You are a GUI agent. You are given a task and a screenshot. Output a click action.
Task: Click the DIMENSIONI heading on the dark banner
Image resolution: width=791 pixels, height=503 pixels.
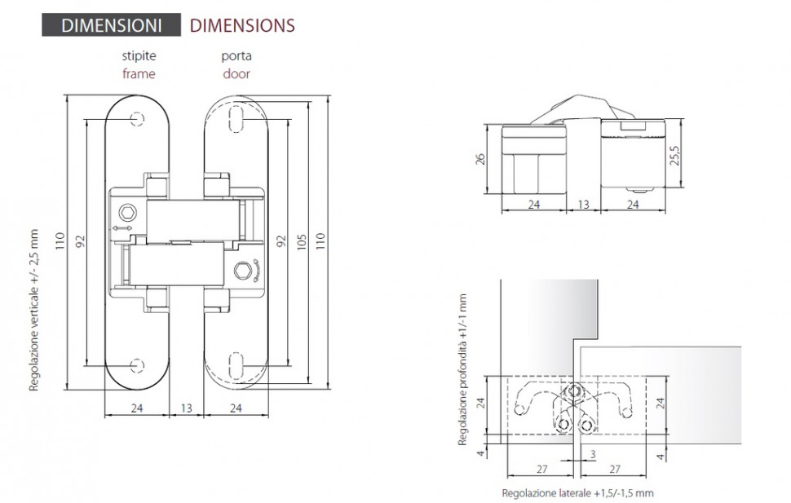(111, 25)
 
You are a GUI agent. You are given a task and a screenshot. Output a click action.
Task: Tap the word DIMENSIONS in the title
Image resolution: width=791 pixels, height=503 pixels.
(242, 25)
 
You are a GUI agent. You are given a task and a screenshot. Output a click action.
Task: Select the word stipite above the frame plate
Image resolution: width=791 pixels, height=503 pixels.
(139, 55)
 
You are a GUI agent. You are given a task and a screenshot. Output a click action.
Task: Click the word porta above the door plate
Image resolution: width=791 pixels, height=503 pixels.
(236, 56)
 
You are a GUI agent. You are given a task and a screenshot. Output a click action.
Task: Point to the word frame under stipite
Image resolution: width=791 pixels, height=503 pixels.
(139, 73)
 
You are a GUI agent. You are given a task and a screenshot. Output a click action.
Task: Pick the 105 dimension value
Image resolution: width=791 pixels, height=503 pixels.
(302, 243)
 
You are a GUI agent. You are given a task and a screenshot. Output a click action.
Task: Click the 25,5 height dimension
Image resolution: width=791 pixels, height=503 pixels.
(675, 156)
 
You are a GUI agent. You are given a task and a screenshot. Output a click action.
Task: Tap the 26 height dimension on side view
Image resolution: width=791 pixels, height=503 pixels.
(480, 159)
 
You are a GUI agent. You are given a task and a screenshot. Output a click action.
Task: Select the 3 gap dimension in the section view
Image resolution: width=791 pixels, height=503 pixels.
(593, 454)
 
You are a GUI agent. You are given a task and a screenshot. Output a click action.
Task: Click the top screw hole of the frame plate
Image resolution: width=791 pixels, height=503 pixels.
(137, 119)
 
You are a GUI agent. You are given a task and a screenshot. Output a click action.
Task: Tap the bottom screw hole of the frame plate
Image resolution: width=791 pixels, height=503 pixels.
(137, 365)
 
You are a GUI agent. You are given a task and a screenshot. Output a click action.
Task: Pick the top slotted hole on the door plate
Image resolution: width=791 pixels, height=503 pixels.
(236, 119)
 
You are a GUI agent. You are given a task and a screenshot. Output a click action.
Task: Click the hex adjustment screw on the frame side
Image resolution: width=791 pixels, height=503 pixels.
(128, 213)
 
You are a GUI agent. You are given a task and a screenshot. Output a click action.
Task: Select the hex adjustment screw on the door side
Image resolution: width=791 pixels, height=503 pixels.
(243, 271)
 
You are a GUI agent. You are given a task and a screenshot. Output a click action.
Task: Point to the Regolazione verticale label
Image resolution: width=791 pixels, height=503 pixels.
(33, 311)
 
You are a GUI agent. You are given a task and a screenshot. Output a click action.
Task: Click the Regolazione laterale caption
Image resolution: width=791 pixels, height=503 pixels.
(577, 493)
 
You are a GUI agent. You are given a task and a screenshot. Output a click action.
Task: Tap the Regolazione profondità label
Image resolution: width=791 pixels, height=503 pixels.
(462, 370)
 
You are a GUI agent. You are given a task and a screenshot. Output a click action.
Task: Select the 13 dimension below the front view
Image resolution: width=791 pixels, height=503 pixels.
(186, 408)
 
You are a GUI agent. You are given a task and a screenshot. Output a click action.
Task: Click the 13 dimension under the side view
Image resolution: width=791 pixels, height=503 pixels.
(583, 205)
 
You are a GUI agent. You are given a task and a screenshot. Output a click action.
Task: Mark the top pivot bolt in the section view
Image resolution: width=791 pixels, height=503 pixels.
(574, 390)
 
